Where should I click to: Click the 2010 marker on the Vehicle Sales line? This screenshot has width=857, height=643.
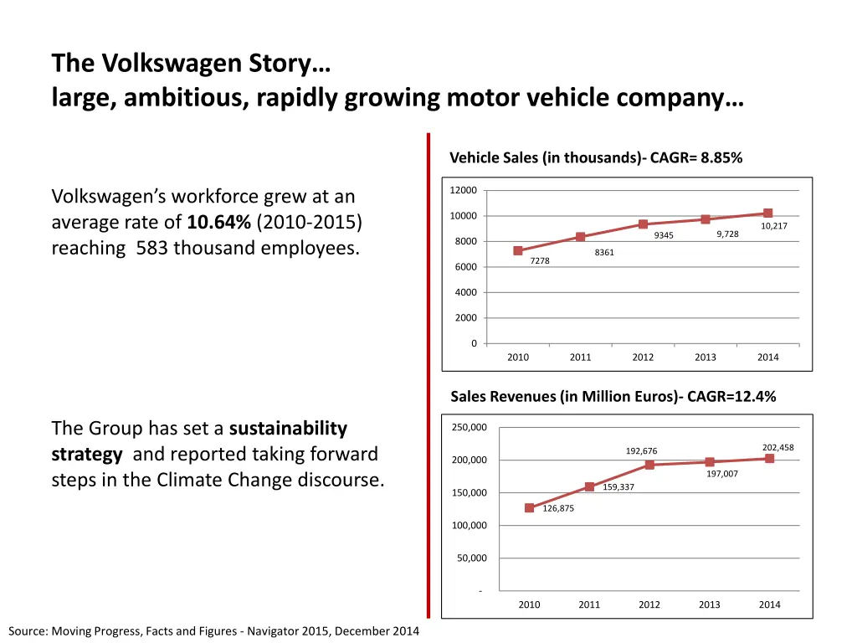click(518, 250)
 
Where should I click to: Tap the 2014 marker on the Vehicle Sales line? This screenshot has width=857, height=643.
click(767, 213)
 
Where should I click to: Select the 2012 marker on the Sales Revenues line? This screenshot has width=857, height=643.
click(649, 465)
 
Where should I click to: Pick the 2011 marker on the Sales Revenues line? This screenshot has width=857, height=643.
click(589, 486)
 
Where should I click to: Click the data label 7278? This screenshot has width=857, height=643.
click(540, 261)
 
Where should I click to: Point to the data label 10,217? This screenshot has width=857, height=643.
click(773, 226)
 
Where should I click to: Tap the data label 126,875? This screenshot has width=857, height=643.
click(558, 508)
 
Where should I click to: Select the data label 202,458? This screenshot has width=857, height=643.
click(777, 447)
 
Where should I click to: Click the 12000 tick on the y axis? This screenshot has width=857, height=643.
click(463, 190)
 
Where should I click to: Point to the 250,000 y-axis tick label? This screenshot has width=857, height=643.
click(469, 428)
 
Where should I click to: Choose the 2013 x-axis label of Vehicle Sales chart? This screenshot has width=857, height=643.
click(706, 358)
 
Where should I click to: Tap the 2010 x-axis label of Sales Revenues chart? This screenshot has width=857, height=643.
click(529, 604)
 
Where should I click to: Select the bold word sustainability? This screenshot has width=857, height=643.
click(288, 429)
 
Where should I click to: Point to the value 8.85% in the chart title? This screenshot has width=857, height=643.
click(721, 157)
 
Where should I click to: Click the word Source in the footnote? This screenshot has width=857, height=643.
click(28, 631)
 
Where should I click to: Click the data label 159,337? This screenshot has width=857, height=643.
click(618, 486)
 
